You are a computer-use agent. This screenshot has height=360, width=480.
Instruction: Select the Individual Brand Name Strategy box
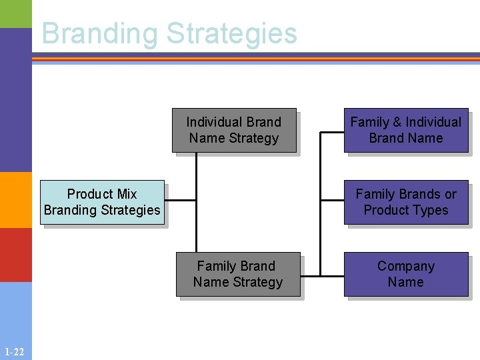coord(233,130)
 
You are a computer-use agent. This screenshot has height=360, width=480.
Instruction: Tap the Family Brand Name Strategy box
coord(238,274)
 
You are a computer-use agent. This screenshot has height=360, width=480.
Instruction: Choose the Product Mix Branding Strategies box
coord(102,202)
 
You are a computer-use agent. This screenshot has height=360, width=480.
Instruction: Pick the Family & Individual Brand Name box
coord(406,130)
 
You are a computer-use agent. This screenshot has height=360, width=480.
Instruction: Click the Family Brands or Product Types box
coord(406,202)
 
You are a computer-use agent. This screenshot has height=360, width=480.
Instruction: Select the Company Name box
coord(406,274)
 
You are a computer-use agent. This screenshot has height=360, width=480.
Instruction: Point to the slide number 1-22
coord(14,352)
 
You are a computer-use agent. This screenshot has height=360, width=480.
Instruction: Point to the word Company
coord(406,266)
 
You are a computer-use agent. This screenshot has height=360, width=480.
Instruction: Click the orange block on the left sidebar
coord(15,200)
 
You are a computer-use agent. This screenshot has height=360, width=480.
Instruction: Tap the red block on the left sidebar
coord(15,255)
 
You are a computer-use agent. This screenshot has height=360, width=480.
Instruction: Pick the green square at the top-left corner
coord(15,13)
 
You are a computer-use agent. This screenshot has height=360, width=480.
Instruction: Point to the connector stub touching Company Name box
coord(332,274)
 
